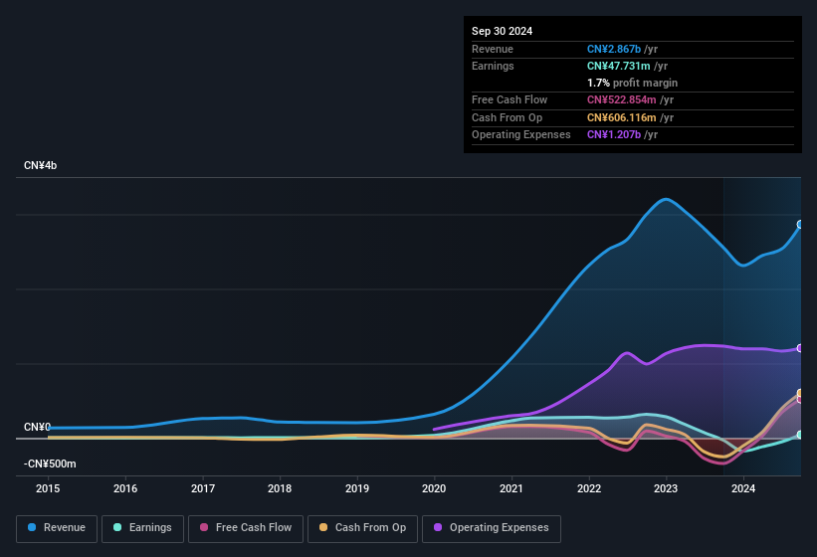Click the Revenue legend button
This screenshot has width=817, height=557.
tap(57, 528)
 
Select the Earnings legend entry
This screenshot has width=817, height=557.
tap(141, 528)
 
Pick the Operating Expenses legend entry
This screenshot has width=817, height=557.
tap(491, 528)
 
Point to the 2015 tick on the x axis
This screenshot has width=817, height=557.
tap(48, 488)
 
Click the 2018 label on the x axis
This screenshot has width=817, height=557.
tap(280, 488)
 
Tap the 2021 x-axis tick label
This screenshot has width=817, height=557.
tap(511, 488)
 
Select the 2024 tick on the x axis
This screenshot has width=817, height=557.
tap(742, 488)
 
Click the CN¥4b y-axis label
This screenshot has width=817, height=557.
tap(41, 165)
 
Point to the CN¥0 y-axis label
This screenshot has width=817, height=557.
tap(37, 428)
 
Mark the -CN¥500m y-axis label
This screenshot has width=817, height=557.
tap(50, 464)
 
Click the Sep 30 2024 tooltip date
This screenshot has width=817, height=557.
tap(503, 31)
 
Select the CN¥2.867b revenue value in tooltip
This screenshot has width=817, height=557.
tap(614, 49)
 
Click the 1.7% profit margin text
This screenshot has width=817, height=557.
tap(632, 83)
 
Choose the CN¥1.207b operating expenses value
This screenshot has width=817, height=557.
tap(614, 134)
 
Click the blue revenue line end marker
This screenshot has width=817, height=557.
tap(800, 225)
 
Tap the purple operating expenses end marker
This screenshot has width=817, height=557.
tap(800, 348)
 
